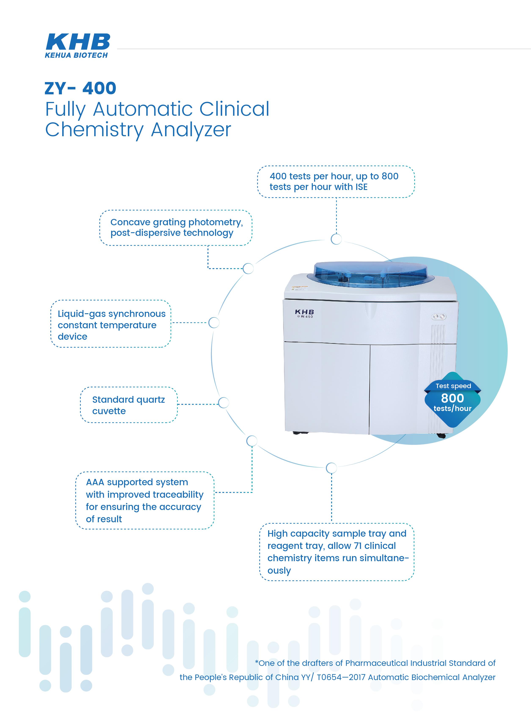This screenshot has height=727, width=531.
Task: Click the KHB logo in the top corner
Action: [x=78, y=42]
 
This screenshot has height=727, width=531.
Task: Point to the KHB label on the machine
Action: [x=304, y=312]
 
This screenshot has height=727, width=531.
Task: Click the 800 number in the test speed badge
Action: [x=452, y=398]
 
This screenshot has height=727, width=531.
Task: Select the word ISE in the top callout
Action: [x=361, y=187]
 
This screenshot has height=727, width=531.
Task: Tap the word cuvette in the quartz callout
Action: [x=109, y=411]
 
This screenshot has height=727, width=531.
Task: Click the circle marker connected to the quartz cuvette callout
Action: [x=223, y=403]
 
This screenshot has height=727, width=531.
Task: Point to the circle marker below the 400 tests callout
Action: [x=336, y=239]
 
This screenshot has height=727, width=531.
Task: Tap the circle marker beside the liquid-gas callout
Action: [x=214, y=323]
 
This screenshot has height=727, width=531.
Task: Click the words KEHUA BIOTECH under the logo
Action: [x=76, y=55]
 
